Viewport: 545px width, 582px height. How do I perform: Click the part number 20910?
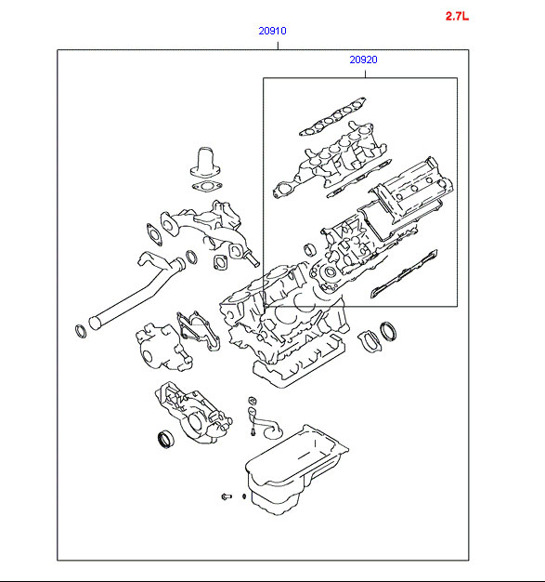273,31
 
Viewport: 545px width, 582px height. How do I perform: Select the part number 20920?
363,60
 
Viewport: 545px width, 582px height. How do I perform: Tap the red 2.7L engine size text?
457,17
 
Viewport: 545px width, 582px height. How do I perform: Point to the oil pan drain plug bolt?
227,496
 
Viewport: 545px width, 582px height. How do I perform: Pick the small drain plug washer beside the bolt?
244,496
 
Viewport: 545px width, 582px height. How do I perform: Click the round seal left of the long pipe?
81,331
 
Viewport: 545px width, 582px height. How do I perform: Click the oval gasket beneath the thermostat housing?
206,186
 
